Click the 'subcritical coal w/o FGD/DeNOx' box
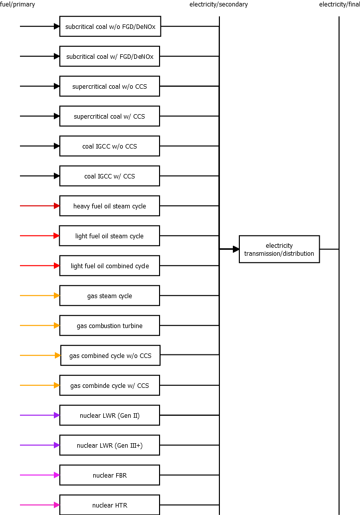coord(110,26)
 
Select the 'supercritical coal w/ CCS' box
coord(110,116)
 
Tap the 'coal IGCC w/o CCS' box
coord(110,146)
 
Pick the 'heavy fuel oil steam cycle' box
coord(110,206)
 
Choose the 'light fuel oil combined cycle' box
coord(110,266)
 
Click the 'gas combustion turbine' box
coord(110,326)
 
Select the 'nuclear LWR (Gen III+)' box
coord(110,445)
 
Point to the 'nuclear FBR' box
coord(110,475)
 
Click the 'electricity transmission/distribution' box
coord(279,249)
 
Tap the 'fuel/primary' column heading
coord(17,4)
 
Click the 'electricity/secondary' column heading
coord(218,4)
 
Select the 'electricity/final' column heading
coord(340,4)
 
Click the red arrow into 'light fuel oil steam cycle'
coord(40,236)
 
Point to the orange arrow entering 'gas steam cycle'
coord(40,296)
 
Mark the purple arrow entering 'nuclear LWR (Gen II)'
coord(40,415)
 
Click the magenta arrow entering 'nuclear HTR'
coord(40,505)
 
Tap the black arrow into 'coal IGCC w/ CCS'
coord(40,176)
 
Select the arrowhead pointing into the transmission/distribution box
coord(236,249)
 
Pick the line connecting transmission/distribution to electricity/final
coord(329,249)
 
